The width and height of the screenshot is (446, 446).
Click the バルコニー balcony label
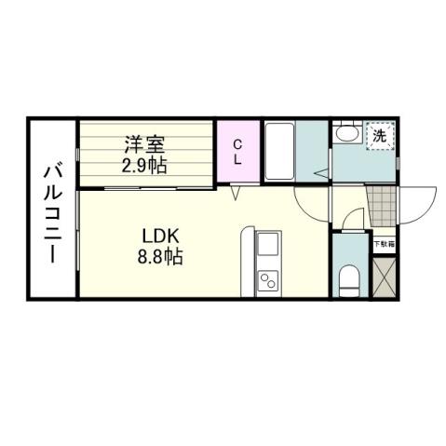pos(53,212)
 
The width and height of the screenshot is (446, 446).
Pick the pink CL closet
pos(237,151)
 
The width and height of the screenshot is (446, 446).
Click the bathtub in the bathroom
pos(280,150)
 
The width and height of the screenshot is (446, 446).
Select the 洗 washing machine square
pos(379,136)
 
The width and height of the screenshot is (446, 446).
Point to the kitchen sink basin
pos(266,246)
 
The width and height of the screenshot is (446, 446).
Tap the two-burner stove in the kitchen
pos(267,279)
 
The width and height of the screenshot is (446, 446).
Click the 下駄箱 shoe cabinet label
pos(385,244)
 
